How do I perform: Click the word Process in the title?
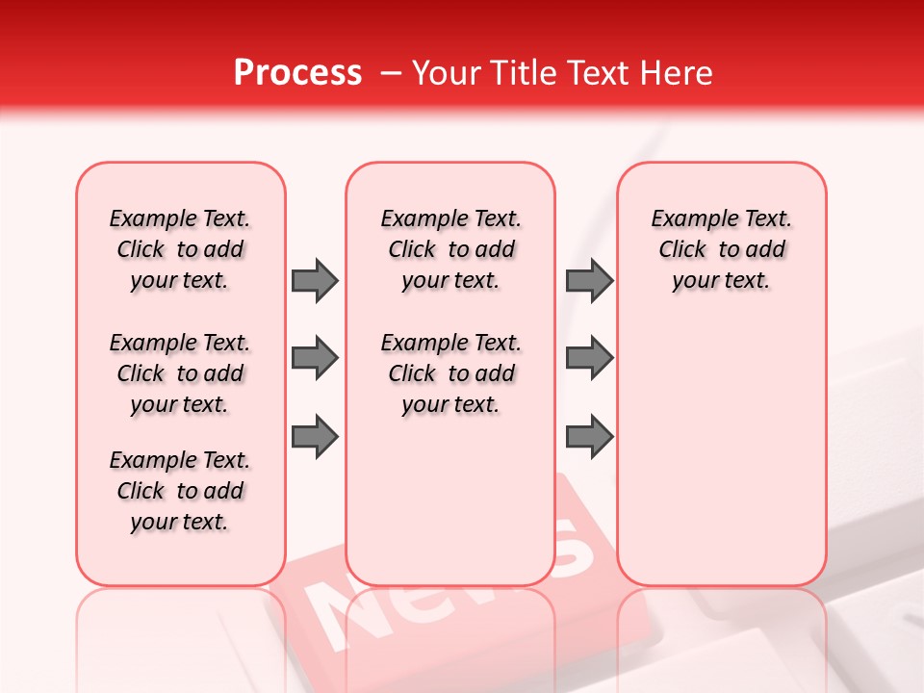coord(297,72)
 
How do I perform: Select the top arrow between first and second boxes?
coord(315,280)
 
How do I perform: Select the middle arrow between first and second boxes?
coord(315,359)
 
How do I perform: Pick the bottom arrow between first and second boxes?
coord(315,437)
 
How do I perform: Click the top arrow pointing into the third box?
coord(589,280)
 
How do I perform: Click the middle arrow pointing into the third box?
coord(589,359)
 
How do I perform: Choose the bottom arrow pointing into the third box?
coord(589,437)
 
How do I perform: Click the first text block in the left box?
coord(180,249)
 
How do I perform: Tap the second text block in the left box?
coord(180,373)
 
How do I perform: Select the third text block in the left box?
coord(180,491)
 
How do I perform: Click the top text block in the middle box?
coord(450,249)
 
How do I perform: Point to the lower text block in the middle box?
coord(450,373)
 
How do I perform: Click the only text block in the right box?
coord(722,249)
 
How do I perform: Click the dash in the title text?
coord(390,72)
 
